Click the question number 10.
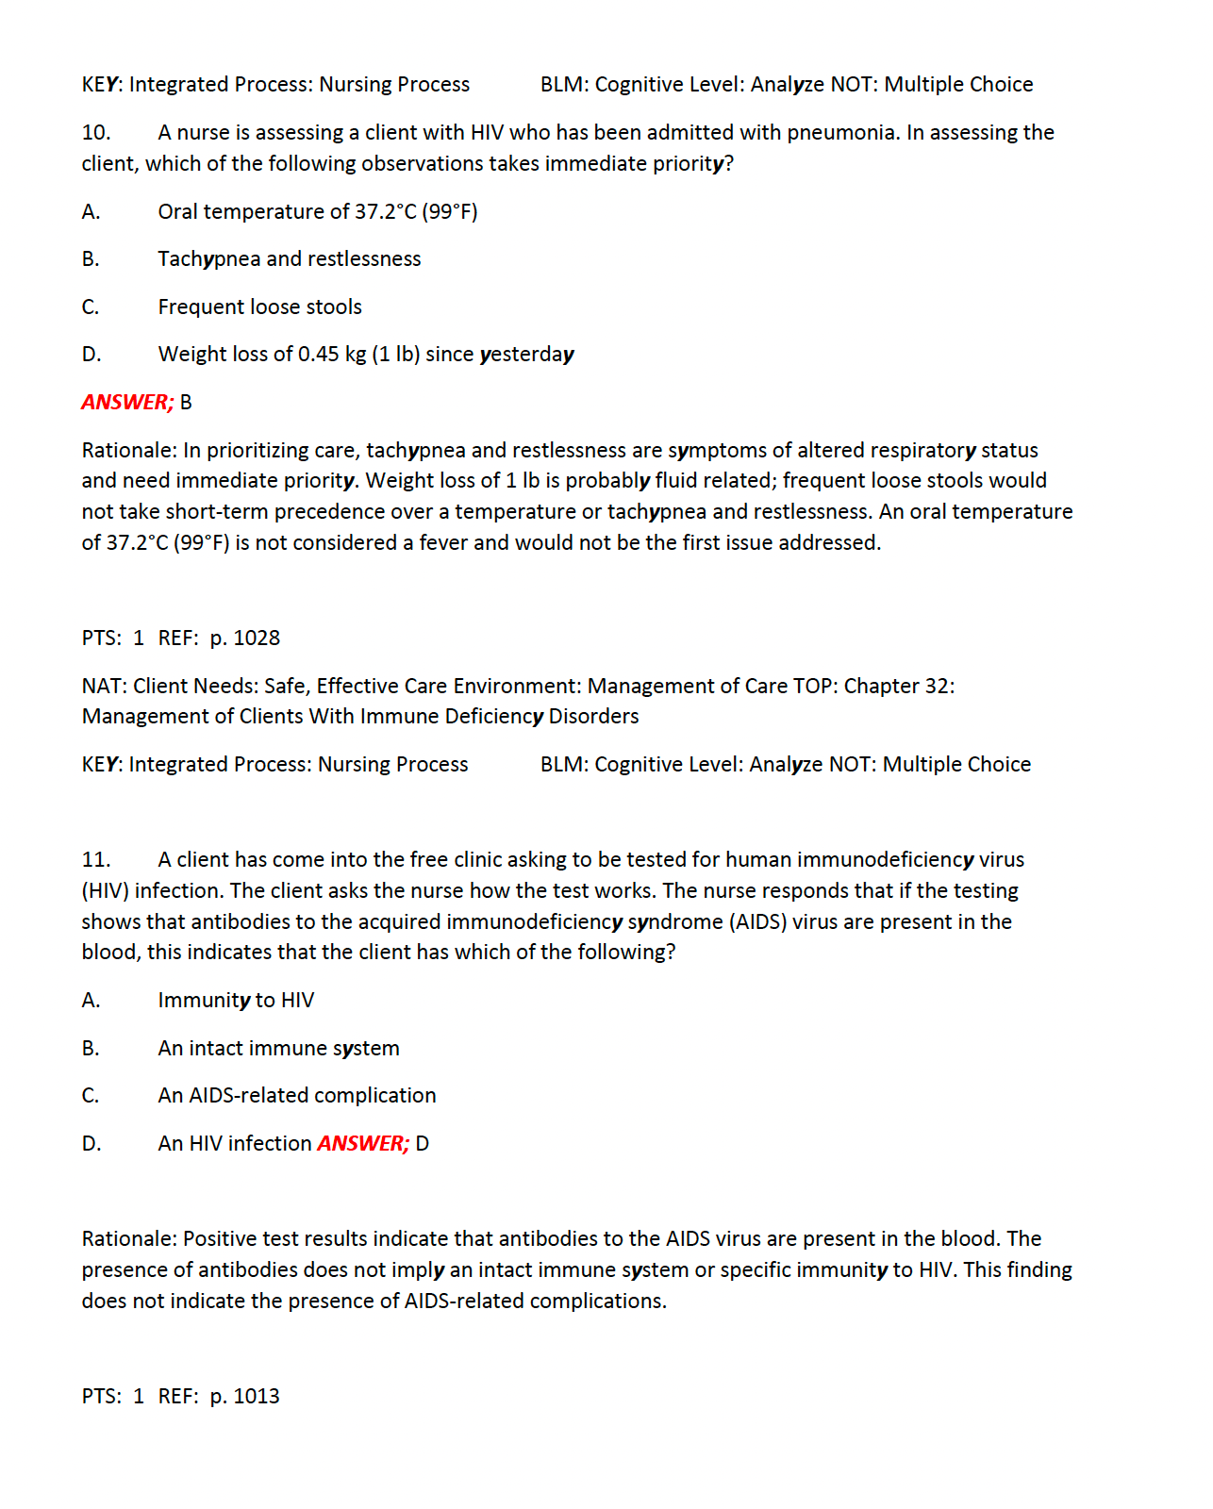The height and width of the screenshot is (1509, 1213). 96,133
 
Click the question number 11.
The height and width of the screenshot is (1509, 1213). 96,860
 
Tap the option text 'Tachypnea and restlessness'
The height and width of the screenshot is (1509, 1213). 290,259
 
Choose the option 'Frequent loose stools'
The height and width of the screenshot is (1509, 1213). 260,307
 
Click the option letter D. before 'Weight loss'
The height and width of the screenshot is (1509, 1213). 91,355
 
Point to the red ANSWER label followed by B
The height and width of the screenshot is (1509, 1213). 127,403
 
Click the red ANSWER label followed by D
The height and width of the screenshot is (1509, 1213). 363,1144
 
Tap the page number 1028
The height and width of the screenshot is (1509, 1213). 257,638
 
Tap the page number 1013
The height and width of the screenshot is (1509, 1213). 257,1397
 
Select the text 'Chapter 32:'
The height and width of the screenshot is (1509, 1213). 899,687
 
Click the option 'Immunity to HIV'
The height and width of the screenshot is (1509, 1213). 236,1001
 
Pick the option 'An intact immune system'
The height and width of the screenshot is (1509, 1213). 279,1049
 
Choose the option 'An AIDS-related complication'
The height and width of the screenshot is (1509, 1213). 297,1096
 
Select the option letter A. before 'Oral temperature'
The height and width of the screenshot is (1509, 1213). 91,212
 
